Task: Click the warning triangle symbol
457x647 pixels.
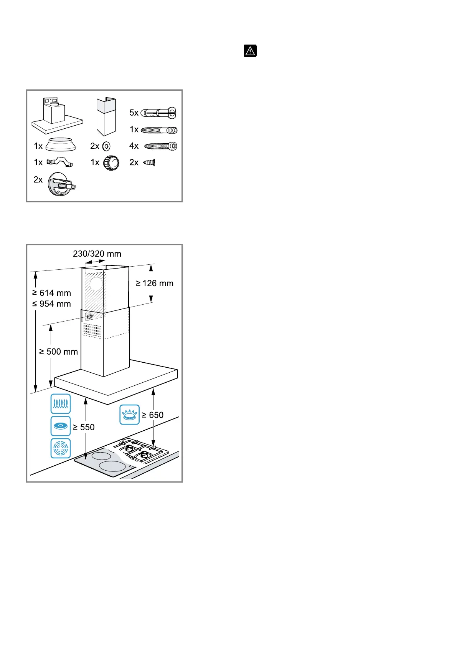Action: point(250,51)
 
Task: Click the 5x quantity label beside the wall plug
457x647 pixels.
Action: point(134,113)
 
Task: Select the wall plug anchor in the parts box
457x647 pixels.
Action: point(158,113)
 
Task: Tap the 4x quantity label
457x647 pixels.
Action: point(134,146)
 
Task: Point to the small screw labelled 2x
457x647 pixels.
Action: point(149,163)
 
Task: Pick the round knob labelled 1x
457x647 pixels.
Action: point(111,163)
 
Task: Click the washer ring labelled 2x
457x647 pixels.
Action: point(107,146)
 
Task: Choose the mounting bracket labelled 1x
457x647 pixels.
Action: point(59,163)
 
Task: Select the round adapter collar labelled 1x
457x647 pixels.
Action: point(61,144)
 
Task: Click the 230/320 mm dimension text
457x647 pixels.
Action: point(97,254)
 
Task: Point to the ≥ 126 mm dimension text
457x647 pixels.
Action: point(155,284)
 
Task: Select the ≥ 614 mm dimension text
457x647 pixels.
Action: point(51,293)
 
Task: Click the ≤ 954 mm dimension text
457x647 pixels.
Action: point(51,304)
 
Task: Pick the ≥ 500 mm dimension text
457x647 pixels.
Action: point(58,352)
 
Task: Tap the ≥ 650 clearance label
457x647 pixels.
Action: point(152,415)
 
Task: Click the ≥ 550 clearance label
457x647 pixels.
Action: point(84,427)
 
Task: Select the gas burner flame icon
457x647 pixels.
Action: point(129,415)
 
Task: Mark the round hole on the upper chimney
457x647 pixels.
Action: point(96,284)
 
